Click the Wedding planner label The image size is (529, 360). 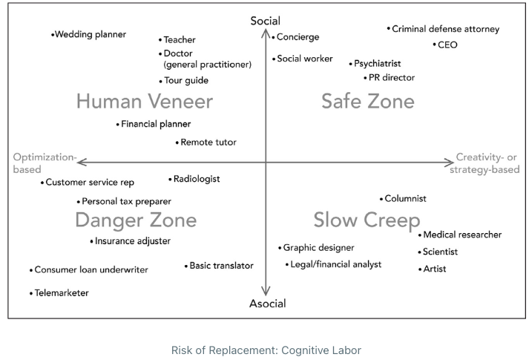click(x=91, y=34)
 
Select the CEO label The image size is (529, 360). click(x=447, y=45)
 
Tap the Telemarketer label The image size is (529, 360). click(x=62, y=293)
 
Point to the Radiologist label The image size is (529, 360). click(x=197, y=179)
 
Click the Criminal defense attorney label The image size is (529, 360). click(x=446, y=29)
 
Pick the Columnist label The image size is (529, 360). click(x=405, y=199)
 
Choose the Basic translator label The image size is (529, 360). click(x=221, y=266)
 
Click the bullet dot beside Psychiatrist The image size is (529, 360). click(x=350, y=64)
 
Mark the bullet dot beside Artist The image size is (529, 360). click(x=420, y=269)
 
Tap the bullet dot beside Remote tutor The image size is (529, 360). click(x=177, y=143)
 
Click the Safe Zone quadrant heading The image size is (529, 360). click(x=368, y=101)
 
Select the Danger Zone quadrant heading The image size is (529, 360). click(x=136, y=220)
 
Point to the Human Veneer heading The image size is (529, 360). click(x=145, y=101)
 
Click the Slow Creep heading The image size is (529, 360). click(x=367, y=220)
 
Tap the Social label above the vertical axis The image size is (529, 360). click(x=265, y=21)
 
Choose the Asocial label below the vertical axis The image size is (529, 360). click(x=268, y=304)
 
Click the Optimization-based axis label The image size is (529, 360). click(x=45, y=163)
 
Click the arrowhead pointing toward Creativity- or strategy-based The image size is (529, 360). click(x=450, y=163)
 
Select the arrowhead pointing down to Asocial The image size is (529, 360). click(x=266, y=292)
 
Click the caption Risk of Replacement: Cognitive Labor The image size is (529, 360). click(x=266, y=350)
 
